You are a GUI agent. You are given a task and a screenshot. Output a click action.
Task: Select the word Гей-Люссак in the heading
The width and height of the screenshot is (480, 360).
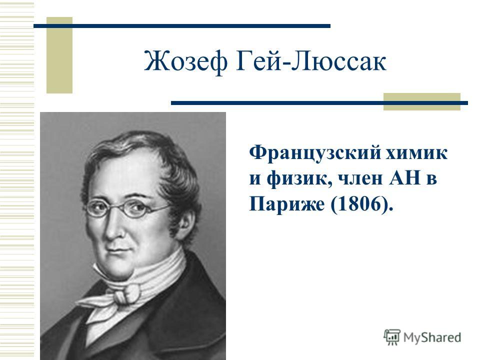(x=311, y=61)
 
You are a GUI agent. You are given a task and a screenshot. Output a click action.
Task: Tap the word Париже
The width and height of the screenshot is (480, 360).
(x=286, y=203)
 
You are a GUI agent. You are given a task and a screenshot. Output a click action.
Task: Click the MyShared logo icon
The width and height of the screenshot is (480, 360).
(x=392, y=337)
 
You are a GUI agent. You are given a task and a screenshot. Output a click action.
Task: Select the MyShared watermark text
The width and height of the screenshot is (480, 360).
(x=432, y=337)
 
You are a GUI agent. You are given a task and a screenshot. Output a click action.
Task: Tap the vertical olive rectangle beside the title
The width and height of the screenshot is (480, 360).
(x=59, y=55)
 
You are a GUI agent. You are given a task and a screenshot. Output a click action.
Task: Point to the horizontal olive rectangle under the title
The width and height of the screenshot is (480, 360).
(x=422, y=101)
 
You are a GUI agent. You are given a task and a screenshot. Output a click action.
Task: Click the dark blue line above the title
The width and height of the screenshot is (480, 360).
(x=182, y=26)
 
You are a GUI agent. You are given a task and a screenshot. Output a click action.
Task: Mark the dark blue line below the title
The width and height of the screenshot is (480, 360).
(x=319, y=103)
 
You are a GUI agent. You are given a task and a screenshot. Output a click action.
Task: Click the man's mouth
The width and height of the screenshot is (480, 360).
(x=118, y=251)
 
